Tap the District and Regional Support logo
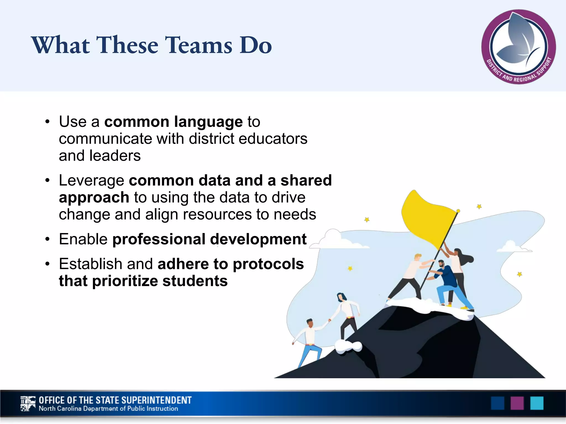[x=518, y=47]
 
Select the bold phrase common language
[x=173, y=122]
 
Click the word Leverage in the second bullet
[x=91, y=181]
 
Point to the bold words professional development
[x=209, y=239]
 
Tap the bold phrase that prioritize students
[x=143, y=281]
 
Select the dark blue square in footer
[x=497, y=403]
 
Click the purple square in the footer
[x=517, y=403]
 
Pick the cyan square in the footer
[x=537, y=403]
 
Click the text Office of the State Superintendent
[x=115, y=400]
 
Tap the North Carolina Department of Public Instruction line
[x=108, y=409]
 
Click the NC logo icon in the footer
[x=28, y=404]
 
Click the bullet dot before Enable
[x=48, y=239]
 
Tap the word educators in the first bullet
[x=273, y=139]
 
